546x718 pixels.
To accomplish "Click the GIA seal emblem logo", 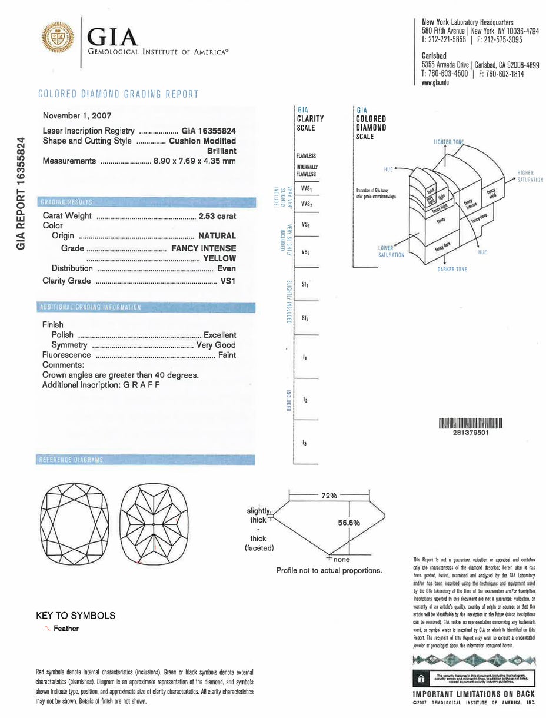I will [x=58, y=39].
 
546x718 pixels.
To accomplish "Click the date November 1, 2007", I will [x=77, y=116].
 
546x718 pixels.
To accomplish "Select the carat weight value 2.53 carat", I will [x=217, y=216].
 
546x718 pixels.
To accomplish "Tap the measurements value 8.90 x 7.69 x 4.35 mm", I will [x=194, y=161].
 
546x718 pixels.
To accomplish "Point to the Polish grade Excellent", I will [x=219, y=334].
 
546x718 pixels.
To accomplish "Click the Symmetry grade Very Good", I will [x=216, y=345].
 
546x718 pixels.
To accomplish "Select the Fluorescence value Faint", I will [x=227, y=355].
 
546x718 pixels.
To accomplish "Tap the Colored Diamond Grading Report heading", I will [x=118, y=94].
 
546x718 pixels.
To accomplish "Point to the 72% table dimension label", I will [x=328, y=496].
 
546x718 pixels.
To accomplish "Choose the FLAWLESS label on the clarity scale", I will [x=306, y=156].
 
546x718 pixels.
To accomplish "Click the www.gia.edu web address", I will [x=436, y=83].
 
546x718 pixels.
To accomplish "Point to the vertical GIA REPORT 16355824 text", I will [x=21, y=192].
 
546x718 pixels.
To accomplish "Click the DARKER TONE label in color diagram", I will [x=452, y=269].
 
